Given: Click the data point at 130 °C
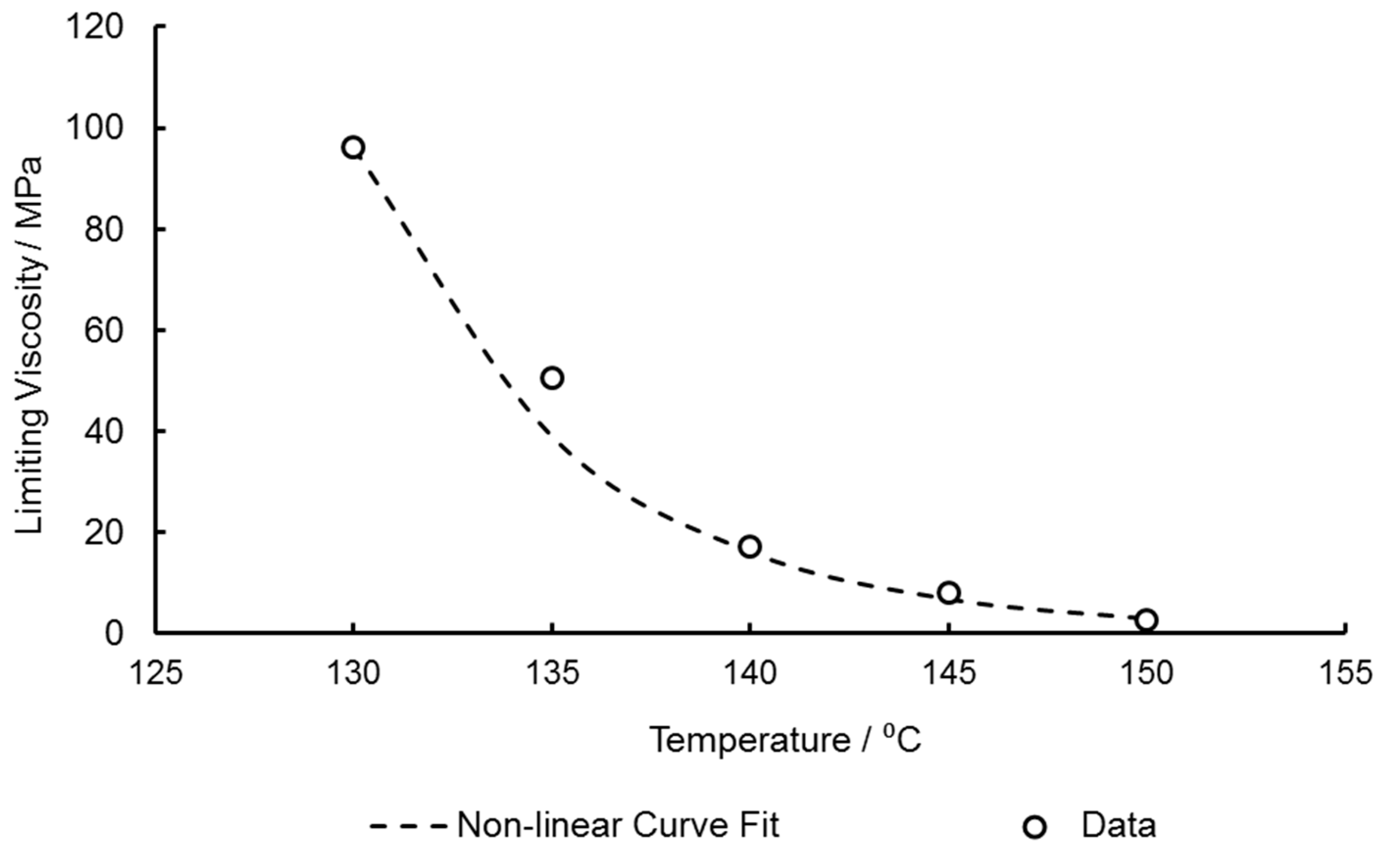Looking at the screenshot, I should [x=353, y=148].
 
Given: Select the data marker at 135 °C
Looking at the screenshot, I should [x=552, y=378].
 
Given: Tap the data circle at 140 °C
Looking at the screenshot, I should [x=750, y=546].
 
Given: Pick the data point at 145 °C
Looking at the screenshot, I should [x=949, y=592].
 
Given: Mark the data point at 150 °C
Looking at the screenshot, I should [x=1147, y=619].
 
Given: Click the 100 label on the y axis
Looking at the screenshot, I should [x=94, y=129].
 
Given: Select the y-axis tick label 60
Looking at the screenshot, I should [x=104, y=331].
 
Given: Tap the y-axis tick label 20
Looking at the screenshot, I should [x=104, y=532].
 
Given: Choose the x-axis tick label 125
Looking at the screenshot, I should [x=156, y=673].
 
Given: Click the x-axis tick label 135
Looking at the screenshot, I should [x=552, y=673].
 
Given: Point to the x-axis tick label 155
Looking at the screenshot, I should [x=1346, y=673].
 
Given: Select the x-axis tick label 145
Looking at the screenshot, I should [x=949, y=673].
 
